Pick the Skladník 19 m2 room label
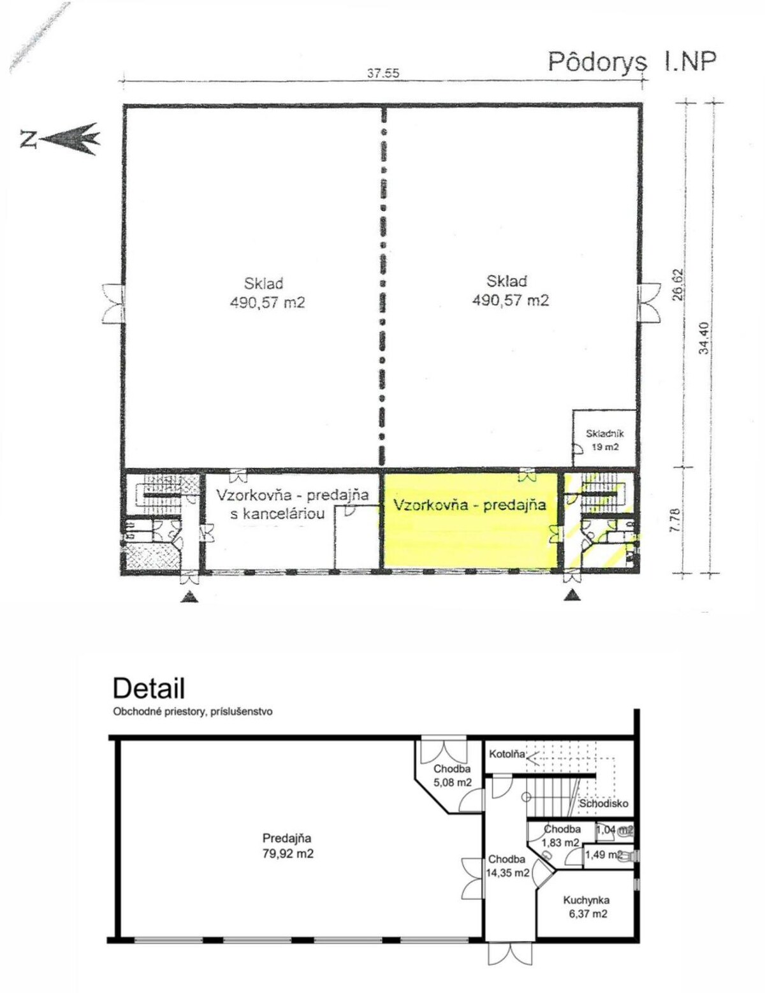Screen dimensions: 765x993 coord(605,440)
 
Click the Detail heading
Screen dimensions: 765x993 coord(149,688)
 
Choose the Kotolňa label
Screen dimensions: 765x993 coord(507,754)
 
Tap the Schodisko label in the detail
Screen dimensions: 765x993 coord(603,804)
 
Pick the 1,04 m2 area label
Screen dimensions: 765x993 coord(615,829)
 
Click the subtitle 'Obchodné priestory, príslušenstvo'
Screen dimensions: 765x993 coord(193,712)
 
